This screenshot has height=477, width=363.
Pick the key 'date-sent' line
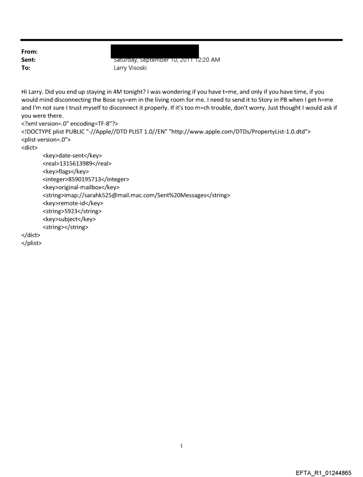(72, 155)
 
